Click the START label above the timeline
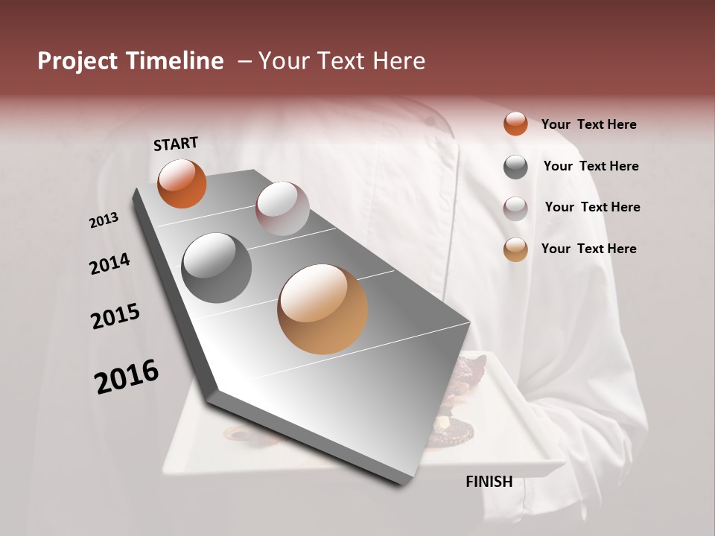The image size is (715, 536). [x=176, y=144]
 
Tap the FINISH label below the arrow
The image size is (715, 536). [x=489, y=482]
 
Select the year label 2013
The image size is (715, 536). [x=104, y=220]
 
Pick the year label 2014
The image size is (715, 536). [x=110, y=264]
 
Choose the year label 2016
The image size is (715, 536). [x=127, y=377]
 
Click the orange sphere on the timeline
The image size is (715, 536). [x=182, y=184]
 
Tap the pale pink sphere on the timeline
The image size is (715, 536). [x=282, y=208]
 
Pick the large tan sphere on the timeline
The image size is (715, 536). [x=322, y=309]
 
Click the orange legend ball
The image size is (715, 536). [x=515, y=124]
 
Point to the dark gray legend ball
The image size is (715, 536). [x=515, y=167]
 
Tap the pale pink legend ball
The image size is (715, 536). [x=515, y=208]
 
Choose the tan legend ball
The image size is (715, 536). [x=515, y=249]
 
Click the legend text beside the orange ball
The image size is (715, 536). [x=588, y=124]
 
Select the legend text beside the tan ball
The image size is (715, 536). [x=588, y=249]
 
